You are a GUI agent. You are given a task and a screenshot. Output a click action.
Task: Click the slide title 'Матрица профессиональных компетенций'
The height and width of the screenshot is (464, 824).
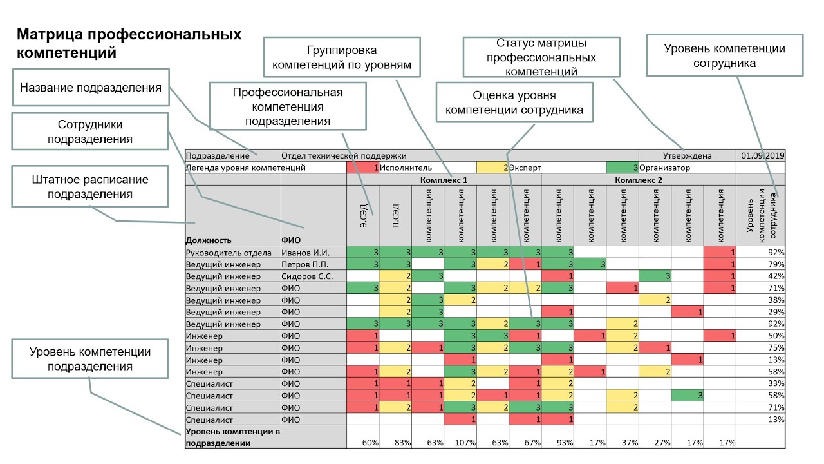[x=129, y=43]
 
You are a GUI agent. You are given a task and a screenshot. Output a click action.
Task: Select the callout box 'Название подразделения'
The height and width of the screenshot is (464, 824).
[x=90, y=87]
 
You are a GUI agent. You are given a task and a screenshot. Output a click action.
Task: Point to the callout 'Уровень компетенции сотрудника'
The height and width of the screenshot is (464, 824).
[x=724, y=56]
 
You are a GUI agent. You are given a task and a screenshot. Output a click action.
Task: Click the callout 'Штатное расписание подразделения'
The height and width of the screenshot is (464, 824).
[x=90, y=186]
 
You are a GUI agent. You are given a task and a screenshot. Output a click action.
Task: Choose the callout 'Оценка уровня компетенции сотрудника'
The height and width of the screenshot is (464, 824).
[x=514, y=102]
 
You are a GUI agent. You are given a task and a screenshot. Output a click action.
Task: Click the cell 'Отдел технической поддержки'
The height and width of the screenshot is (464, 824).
[x=344, y=155]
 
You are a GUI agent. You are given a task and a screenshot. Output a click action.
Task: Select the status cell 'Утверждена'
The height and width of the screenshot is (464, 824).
[x=687, y=155]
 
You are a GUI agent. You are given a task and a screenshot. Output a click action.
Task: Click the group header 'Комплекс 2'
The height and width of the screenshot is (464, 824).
[x=638, y=180]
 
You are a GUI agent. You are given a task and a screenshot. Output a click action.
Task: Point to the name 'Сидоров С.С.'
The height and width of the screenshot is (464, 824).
[x=307, y=276]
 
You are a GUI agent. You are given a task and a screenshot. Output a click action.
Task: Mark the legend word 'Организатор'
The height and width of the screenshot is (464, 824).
[x=664, y=168]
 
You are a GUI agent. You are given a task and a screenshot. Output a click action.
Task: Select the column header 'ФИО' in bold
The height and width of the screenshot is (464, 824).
[x=291, y=240]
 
